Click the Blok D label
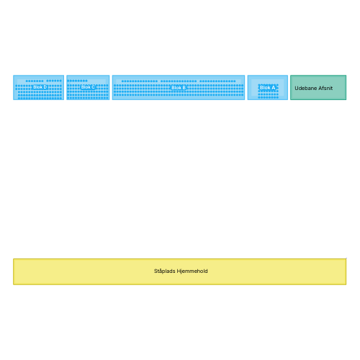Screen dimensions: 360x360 (40, 87)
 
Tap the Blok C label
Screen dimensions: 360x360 (88, 87)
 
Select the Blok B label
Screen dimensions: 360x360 (179, 88)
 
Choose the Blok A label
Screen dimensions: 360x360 (267, 88)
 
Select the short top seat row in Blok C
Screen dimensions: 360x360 (77, 81)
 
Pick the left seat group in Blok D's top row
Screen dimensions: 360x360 (35, 81)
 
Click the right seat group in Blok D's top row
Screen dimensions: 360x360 (54, 81)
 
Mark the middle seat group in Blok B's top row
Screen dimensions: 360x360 (179, 81)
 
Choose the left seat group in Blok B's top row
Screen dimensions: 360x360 (140, 81)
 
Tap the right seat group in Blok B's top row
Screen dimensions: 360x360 (217, 81)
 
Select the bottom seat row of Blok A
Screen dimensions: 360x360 (269, 97)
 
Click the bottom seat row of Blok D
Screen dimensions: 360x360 (40, 98)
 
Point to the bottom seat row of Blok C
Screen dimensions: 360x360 (88, 98)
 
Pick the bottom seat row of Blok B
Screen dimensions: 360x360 (179, 95)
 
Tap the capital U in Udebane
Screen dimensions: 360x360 (297, 89)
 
